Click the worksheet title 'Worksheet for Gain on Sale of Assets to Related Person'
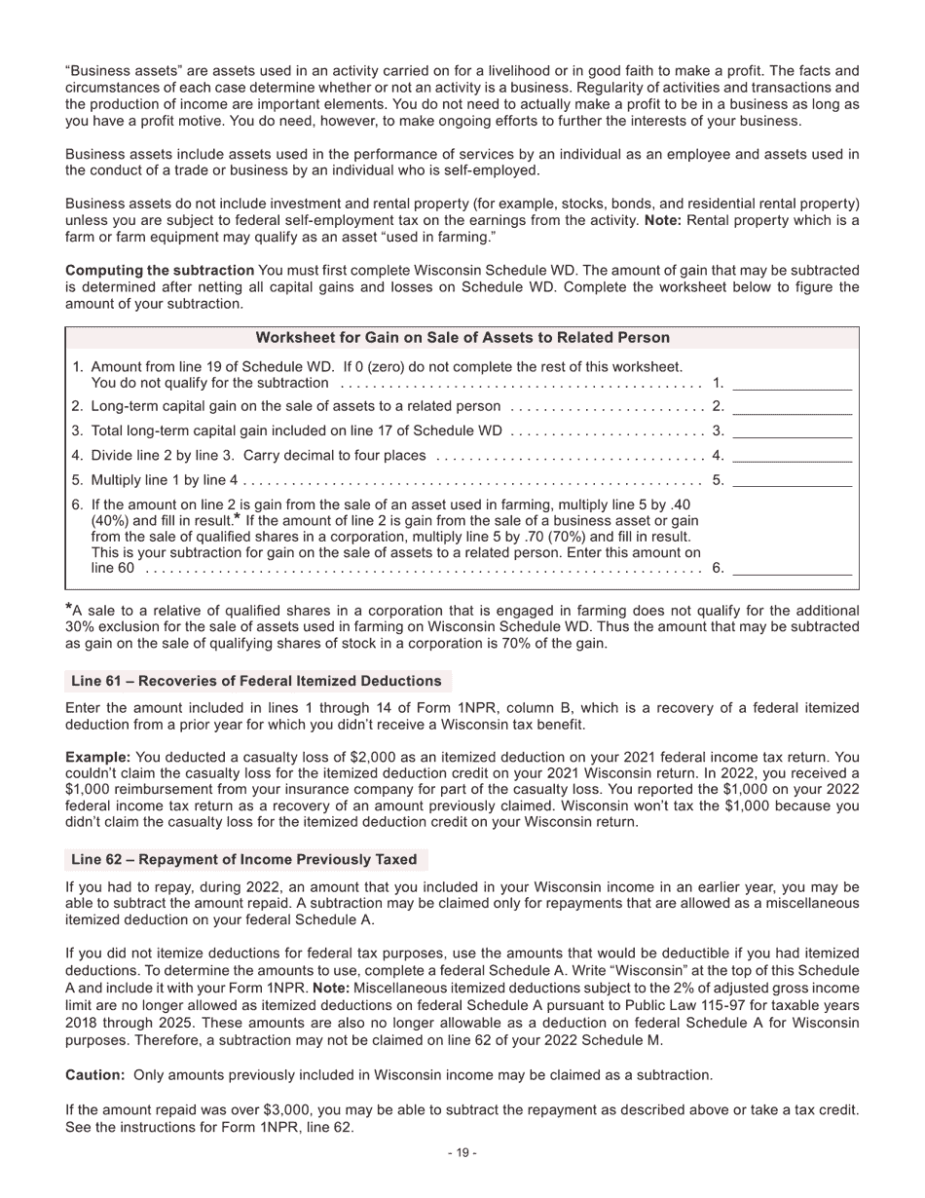(x=462, y=338)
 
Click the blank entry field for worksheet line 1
(x=792, y=383)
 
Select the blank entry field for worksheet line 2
(x=792, y=406)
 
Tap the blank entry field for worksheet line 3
(x=792, y=431)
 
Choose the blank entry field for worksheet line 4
(x=792, y=455)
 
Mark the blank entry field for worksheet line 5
(x=792, y=479)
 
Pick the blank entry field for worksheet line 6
(x=792, y=568)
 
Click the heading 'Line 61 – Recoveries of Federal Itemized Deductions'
(x=256, y=681)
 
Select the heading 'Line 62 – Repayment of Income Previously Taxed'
(x=243, y=859)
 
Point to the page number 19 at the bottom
(x=462, y=1153)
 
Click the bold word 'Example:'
(x=97, y=757)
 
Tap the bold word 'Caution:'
(x=95, y=1075)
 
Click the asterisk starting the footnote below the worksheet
(x=68, y=609)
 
